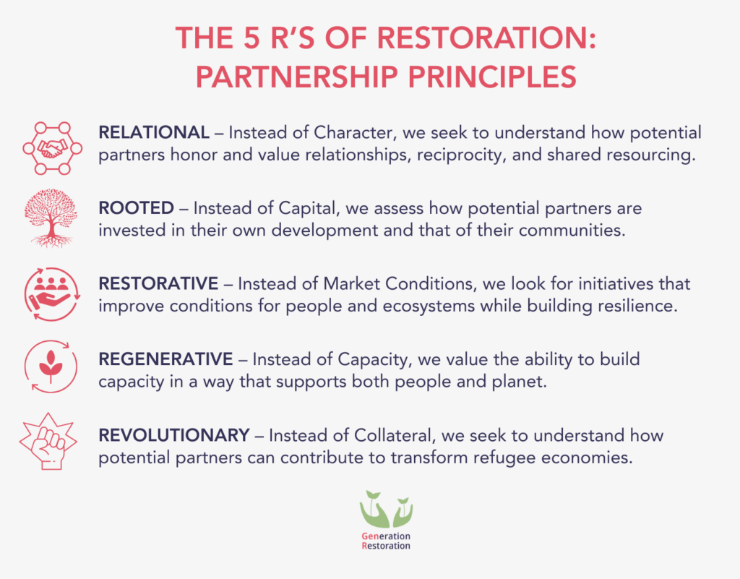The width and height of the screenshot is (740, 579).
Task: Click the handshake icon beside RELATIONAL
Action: pos(52,148)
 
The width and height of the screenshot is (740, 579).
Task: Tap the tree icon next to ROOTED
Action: pos(51,218)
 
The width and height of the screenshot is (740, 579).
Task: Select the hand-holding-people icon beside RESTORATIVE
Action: pos(52,294)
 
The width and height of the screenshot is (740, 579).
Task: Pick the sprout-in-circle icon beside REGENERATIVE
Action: pos(51,366)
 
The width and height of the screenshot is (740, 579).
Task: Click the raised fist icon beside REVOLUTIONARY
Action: pos(48,441)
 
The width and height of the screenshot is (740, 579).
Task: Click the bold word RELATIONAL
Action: pos(154,132)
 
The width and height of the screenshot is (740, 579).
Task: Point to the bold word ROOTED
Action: pos(137,208)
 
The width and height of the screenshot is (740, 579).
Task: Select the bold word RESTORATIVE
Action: pos(158,283)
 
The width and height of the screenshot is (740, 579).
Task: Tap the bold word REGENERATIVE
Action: pos(165,359)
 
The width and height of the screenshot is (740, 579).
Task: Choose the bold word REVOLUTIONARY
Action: pos(174,435)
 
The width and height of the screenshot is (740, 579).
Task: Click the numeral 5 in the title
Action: pos(252,38)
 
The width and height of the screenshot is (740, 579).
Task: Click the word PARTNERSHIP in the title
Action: pos(297,77)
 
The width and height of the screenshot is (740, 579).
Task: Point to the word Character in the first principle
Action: pos(353,132)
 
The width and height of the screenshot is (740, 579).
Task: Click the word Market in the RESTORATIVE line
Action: pos(352,283)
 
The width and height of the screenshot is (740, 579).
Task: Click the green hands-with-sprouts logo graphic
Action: pos(386,509)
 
